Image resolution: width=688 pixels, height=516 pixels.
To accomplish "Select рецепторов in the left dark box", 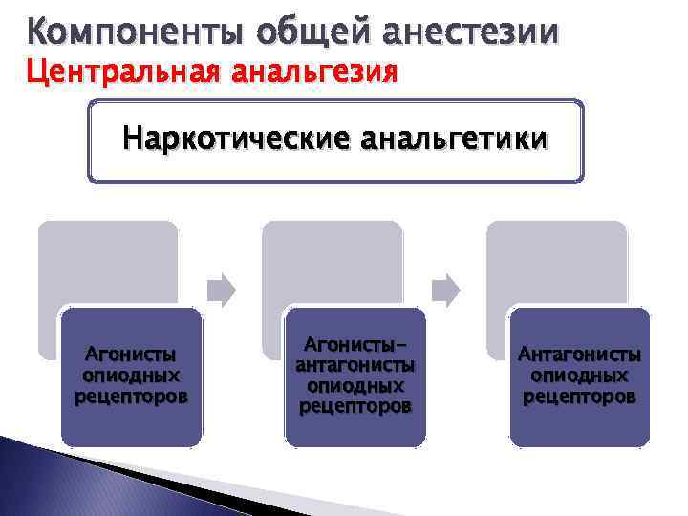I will [x=131, y=394].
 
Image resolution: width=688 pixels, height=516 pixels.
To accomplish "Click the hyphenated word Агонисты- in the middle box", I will [x=355, y=344].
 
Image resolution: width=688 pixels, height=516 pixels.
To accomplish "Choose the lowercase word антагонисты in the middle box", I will [x=355, y=365].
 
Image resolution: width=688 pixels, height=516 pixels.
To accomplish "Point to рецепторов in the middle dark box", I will [x=355, y=406].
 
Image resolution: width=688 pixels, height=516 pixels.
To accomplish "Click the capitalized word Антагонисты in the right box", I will [x=579, y=355].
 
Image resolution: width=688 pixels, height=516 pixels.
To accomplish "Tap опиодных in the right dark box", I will [x=579, y=376].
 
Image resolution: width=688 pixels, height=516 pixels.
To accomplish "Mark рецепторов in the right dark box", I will [x=579, y=396].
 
